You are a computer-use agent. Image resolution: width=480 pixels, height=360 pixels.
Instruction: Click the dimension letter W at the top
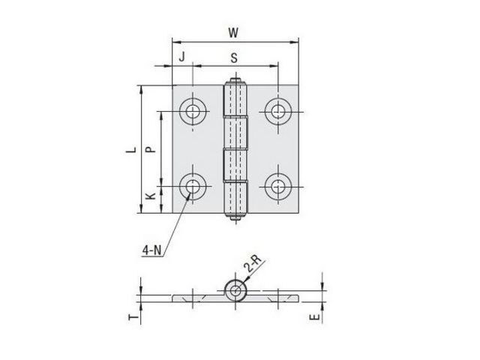[233, 32]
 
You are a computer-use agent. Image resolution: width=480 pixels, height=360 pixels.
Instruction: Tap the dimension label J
[182, 57]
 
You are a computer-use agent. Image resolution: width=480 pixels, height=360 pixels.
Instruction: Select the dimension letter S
[234, 58]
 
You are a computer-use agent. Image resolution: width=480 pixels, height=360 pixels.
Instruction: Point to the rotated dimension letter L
[132, 150]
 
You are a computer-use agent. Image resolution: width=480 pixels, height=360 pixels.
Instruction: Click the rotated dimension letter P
[150, 149]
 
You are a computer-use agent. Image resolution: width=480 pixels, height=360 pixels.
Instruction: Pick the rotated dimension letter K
[150, 196]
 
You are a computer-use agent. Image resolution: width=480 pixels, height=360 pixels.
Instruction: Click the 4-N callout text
[151, 250]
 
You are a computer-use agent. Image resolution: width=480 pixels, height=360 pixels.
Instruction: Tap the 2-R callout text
[253, 263]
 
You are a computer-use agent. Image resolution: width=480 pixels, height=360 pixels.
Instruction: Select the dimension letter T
[133, 317]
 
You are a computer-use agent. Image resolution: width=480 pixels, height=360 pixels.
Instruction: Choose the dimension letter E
[314, 317]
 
